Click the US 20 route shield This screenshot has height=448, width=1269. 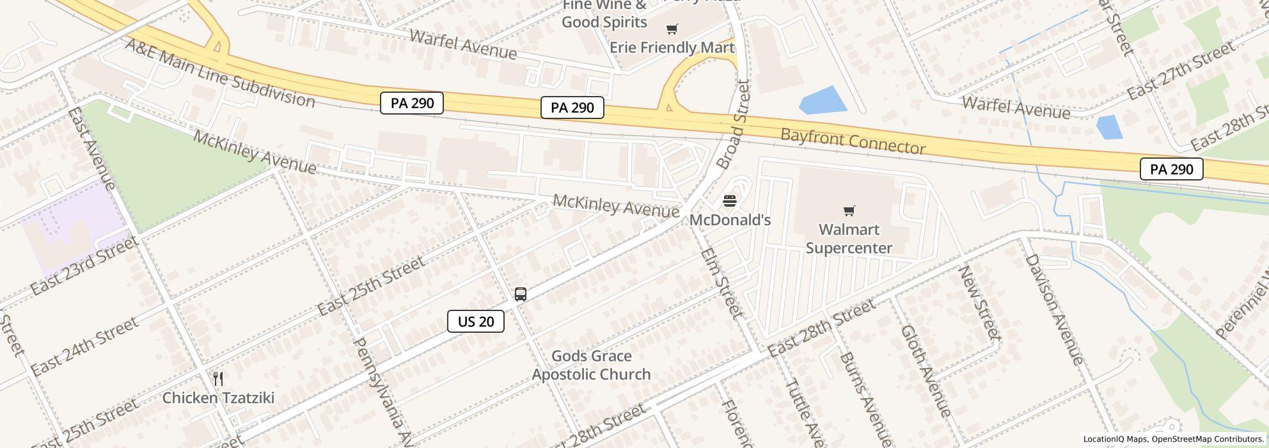pyautogui.click(x=476, y=321)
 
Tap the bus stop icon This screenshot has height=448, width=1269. pyautogui.click(x=521, y=294)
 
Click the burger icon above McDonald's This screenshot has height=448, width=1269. pyautogui.click(x=730, y=202)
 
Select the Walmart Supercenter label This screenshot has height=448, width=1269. pyautogui.click(x=849, y=239)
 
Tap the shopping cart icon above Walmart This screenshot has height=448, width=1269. pyautogui.click(x=849, y=211)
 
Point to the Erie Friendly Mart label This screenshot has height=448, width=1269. pyautogui.click(x=672, y=47)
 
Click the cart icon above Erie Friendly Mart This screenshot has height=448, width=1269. pyautogui.click(x=672, y=29)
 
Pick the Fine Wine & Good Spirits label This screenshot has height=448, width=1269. pyautogui.click(x=604, y=14)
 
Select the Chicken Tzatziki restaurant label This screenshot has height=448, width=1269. pyautogui.click(x=218, y=397)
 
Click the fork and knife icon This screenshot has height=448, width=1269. pyautogui.click(x=218, y=379)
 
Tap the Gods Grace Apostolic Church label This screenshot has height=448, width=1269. pyautogui.click(x=591, y=365)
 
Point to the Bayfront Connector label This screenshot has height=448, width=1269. pyautogui.click(x=853, y=141)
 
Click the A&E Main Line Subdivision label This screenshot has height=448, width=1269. pyautogui.click(x=220, y=73)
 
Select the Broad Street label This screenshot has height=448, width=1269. pyautogui.click(x=733, y=124)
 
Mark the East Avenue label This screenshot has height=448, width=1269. pyautogui.click(x=91, y=148)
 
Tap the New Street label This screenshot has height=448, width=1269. pyautogui.click(x=979, y=302)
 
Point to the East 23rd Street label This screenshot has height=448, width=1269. pyautogui.click(x=84, y=265)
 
